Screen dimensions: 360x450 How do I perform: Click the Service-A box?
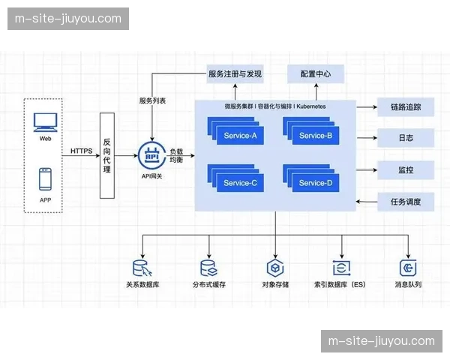tap(239, 136)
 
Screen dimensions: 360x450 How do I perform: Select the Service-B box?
tap(315, 136)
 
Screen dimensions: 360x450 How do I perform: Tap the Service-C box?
tap(239, 183)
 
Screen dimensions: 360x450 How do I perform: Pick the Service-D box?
tap(315, 183)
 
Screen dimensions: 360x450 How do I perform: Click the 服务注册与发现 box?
tap(235, 73)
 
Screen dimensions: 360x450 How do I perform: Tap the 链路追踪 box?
tap(406, 107)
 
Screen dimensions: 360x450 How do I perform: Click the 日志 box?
tap(406, 139)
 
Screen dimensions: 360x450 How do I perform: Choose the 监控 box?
tap(406, 170)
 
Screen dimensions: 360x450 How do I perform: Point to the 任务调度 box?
tap(406, 202)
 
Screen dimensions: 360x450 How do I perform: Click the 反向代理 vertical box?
tap(107, 155)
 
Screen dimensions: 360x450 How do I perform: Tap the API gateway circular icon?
tap(151, 156)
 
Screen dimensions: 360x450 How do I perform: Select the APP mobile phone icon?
tap(45, 180)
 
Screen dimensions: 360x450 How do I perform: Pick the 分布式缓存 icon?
tap(208, 268)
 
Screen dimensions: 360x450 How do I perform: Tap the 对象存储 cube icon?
tap(275, 268)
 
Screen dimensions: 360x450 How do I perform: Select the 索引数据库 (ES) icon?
tap(342, 268)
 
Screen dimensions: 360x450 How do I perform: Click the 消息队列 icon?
tap(409, 268)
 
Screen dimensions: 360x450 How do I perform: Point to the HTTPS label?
tap(82, 151)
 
